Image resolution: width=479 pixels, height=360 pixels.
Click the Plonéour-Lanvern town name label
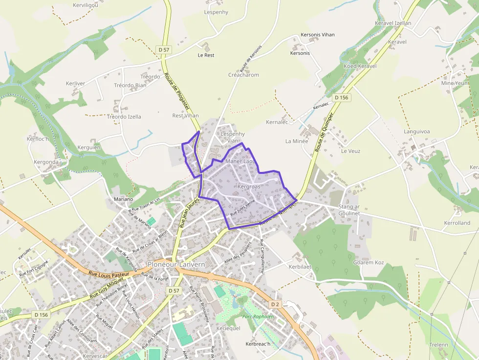(x=176, y=264)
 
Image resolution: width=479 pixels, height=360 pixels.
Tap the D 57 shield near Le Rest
(x=164, y=49)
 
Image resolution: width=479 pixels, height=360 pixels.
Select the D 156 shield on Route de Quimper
(x=342, y=98)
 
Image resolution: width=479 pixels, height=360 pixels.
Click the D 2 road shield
(x=275, y=304)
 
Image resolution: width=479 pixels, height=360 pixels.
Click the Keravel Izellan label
(x=392, y=23)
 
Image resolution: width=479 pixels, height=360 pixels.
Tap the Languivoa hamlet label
(x=416, y=131)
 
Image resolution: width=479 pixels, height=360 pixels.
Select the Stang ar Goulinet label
(x=349, y=210)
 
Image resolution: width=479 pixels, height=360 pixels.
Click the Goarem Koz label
(x=369, y=262)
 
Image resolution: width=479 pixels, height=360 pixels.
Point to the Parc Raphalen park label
(x=258, y=317)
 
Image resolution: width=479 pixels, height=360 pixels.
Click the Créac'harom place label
(x=243, y=75)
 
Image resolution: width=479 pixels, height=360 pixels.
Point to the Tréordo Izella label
(x=124, y=117)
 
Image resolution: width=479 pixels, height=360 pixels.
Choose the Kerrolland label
(x=457, y=223)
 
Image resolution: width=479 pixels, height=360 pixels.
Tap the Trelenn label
(x=438, y=344)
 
